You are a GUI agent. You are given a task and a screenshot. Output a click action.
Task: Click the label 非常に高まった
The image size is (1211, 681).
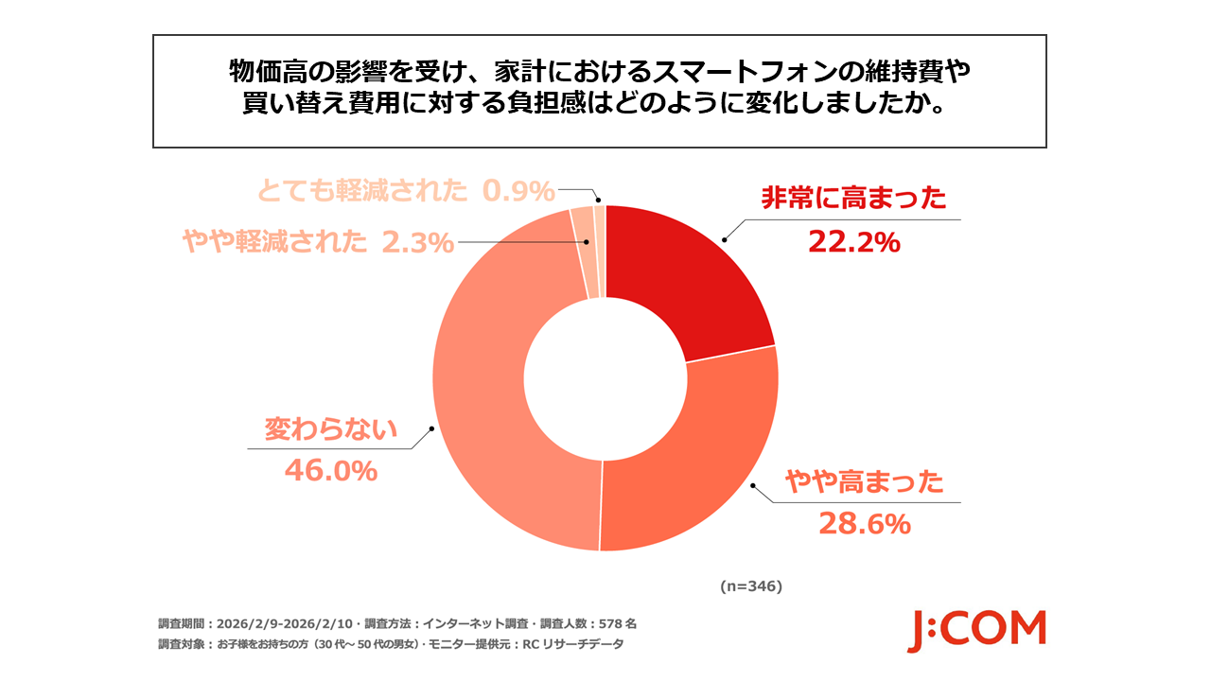tap(853, 199)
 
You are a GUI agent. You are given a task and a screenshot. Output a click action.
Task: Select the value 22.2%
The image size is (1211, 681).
tap(853, 243)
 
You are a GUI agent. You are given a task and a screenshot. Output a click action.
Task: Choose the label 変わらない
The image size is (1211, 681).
tap(330, 430)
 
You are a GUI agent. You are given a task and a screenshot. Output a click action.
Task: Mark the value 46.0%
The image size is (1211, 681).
tap(331, 470)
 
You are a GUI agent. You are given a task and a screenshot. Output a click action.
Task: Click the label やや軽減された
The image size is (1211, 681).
tap(274, 243)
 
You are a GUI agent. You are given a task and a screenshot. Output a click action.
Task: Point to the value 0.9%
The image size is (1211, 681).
tap(518, 192)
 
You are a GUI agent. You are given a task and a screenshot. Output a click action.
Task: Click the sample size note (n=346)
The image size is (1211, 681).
tap(750, 586)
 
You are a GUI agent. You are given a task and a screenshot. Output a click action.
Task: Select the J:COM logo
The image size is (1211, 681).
tap(976, 630)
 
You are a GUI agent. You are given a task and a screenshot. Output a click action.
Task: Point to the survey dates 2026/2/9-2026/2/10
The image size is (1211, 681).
tap(284, 624)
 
